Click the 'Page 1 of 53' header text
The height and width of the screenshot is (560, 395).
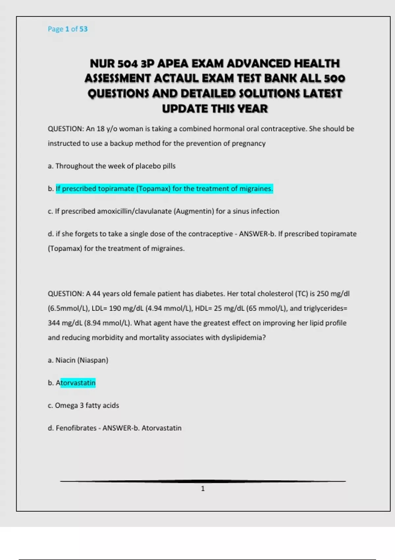point(67,29)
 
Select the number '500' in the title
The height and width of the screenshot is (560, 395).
point(334,78)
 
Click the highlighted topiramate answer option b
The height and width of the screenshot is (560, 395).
point(164,189)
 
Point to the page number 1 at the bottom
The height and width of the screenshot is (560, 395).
point(203,489)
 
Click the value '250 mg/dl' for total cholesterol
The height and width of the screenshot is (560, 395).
point(333,294)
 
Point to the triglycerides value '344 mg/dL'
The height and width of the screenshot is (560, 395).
point(64,323)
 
